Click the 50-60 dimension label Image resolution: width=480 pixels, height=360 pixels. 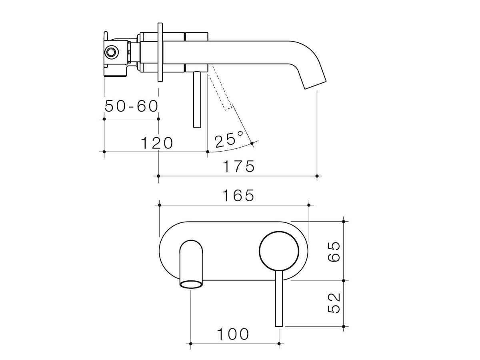[x=132, y=106]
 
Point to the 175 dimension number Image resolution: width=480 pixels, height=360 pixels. [x=238, y=166]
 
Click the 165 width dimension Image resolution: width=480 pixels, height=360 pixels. [x=239, y=196]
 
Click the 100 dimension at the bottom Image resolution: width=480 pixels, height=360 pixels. [x=233, y=334]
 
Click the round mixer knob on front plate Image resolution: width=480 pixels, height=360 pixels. [x=279, y=250]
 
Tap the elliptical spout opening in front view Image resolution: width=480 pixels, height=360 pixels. [x=191, y=284]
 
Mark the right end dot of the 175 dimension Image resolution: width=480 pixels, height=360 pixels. [x=317, y=176]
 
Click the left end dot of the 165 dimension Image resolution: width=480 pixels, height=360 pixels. [x=159, y=205]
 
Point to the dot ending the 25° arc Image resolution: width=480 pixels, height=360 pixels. [x=252, y=143]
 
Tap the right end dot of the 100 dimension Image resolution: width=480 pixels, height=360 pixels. [x=279, y=344]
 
